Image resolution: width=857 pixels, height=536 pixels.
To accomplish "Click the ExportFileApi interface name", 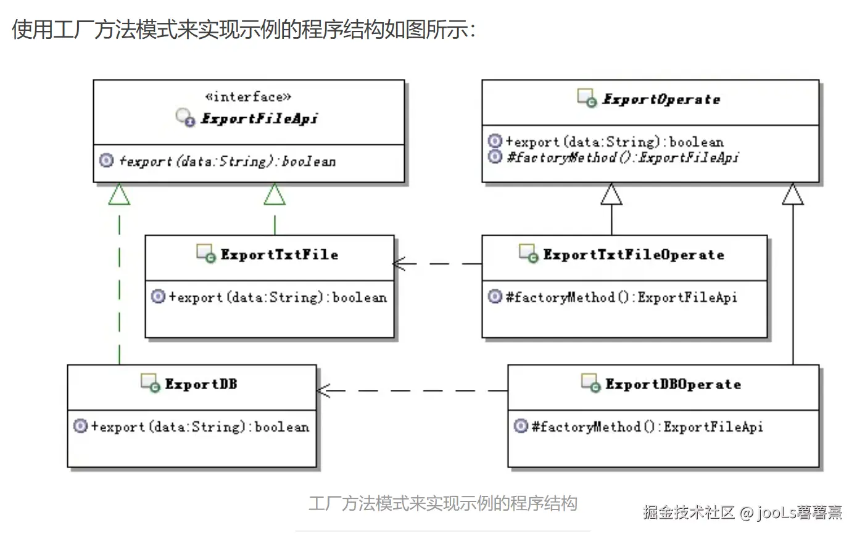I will point(259,118).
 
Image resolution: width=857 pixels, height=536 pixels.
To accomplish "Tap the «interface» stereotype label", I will point(248,97).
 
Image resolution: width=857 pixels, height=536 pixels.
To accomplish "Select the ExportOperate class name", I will point(661,99).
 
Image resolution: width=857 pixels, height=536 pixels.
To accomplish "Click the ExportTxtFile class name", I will point(279,255).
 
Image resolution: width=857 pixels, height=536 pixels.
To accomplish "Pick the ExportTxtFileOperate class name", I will point(634,255).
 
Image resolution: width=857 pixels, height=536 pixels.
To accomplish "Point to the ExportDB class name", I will point(201,384).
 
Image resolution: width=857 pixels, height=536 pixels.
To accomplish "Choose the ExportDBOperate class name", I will point(673,384).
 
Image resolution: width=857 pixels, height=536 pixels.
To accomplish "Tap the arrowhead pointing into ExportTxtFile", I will point(400,264).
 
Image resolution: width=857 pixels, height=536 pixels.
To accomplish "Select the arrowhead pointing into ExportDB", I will point(323,390).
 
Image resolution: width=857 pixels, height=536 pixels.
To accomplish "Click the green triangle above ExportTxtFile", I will point(275,195).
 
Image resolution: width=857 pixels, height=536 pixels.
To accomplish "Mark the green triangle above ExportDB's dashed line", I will point(119,195).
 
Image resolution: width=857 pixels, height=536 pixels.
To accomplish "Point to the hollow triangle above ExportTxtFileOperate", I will point(611,195).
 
